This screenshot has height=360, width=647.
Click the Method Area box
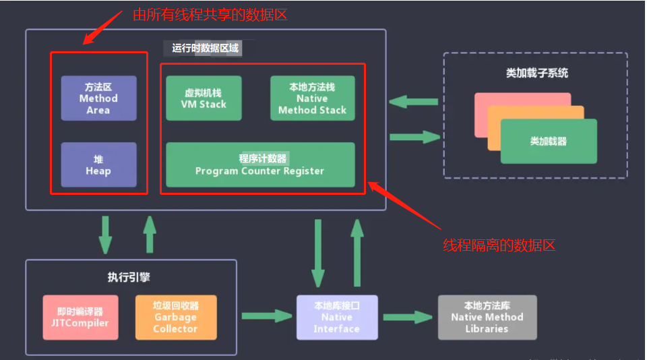coord(98,98)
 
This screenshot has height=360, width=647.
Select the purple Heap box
coord(98,164)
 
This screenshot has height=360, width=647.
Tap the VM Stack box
coord(204,98)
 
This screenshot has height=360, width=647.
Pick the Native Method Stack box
coord(312,98)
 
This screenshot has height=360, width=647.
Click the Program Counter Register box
coord(260,164)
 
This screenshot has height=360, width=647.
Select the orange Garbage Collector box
coord(176,317)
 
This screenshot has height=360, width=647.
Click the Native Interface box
coord(337,317)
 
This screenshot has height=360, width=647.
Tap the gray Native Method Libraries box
coord(487,317)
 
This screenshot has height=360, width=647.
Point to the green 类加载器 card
coord(549,142)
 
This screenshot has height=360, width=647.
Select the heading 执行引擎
coord(130,276)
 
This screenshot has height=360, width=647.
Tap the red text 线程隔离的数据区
coord(499,245)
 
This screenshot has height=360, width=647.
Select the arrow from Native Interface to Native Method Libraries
coord(408,317)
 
